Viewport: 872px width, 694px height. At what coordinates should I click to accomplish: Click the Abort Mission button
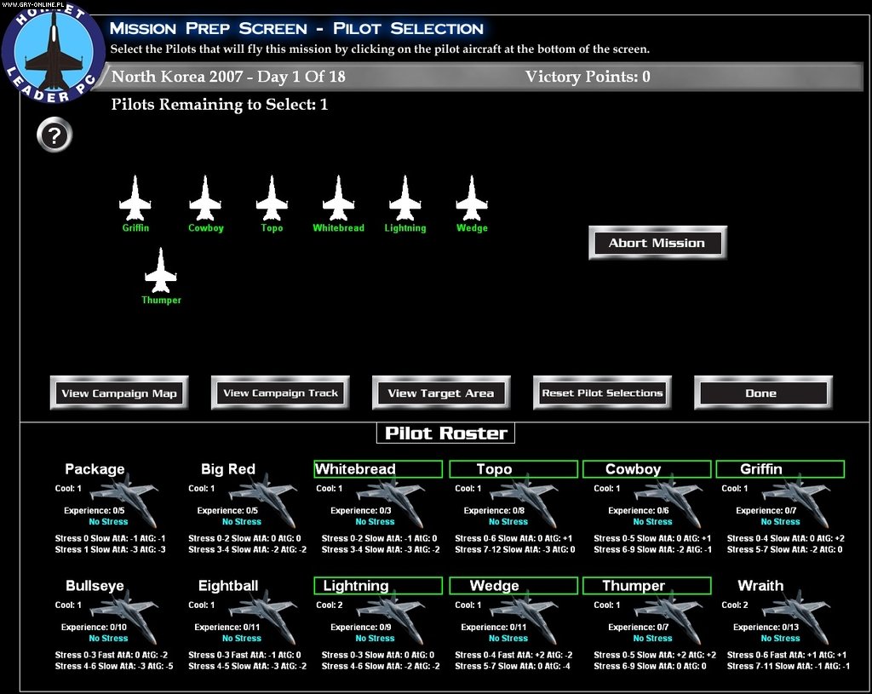(657, 243)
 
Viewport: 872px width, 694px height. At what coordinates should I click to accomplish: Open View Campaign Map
(119, 393)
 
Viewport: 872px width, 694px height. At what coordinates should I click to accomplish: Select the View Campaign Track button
(280, 393)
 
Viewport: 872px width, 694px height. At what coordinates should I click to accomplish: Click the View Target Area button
(440, 393)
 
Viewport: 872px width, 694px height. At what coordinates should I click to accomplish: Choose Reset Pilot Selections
(602, 393)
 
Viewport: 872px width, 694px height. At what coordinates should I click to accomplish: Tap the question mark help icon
(54, 135)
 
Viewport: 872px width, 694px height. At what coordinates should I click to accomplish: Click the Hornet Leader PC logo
(53, 53)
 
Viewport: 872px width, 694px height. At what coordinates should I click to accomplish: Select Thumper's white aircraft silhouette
(161, 271)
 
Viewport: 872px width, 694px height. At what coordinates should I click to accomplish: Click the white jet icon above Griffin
(135, 198)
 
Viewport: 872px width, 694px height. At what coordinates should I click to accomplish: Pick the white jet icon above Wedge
(472, 198)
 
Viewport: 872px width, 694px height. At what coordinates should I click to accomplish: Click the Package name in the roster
(95, 469)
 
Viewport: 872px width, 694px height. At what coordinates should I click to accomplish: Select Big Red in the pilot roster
(228, 469)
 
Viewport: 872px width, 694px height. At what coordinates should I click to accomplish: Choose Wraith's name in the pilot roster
(760, 586)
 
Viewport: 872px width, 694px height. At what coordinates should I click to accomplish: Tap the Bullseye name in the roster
(95, 586)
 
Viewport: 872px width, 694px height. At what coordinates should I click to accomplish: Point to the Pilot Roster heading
(445, 433)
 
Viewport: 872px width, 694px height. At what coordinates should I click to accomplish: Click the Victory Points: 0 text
(588, 77)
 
